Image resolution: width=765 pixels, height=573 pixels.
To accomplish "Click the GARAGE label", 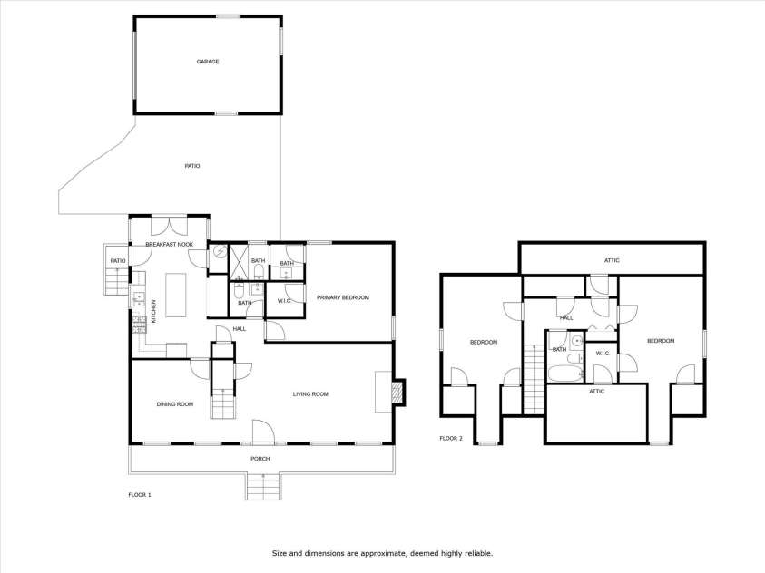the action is [207, 62].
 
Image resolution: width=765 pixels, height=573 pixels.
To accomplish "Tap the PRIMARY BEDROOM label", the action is [342, 297].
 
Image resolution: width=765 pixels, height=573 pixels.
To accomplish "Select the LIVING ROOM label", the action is [310, 394].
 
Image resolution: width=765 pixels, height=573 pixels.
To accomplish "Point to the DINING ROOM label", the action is [174, 404].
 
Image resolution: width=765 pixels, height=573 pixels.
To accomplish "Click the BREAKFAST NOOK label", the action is [170, 245].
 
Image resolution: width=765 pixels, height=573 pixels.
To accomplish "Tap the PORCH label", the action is [260, 459].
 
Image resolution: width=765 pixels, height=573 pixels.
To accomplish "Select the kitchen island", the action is [176, 296].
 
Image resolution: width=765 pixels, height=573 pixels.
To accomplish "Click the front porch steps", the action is [263, 486].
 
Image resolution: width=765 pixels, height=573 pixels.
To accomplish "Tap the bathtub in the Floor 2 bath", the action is [565, 374].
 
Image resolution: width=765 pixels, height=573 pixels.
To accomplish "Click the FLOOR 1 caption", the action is [140, 495].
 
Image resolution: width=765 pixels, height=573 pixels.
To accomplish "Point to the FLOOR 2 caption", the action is [451, 439].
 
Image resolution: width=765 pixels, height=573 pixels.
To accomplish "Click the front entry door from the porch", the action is [263, 432].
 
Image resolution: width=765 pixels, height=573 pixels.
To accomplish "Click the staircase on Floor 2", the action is [534, 379].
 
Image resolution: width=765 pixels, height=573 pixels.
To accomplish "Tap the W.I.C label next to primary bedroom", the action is [284, 301].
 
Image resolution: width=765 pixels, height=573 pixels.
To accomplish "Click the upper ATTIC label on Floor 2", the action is [612, 261].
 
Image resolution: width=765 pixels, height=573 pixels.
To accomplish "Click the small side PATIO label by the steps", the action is [118, 261].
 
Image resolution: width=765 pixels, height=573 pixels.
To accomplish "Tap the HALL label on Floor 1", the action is [239, 329].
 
